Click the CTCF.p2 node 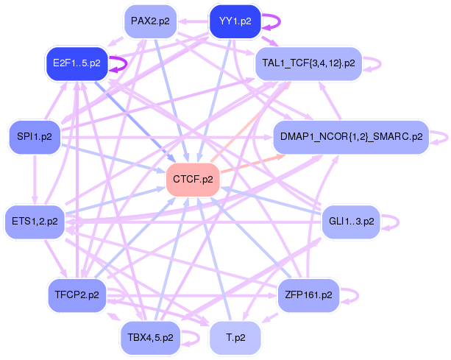click(x=193, y=179)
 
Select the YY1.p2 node click(x=235, y=21)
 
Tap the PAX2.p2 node click(x=149, y=21)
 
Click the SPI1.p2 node click(x=35, y=136)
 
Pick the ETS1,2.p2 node click(x=35, y=220)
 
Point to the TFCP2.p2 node click(x=76, y=295)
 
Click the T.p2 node click(x=235, y=338)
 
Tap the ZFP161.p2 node click(x=308, y=295)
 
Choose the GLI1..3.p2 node click(x=351, y=220)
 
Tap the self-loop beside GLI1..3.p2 click(x=394, y=220)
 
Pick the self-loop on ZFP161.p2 click(x=354, y=295)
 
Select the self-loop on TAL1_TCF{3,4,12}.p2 click(x=377, y=63)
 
